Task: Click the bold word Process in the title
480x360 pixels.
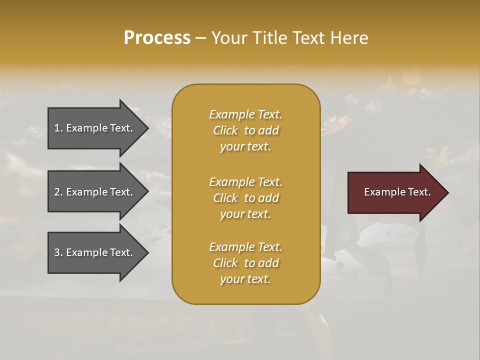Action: pyautogui.click(x=157, y=38)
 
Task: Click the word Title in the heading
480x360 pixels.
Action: pyautogui.click(x=268, y=38)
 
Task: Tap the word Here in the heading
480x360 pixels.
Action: pyautogui.click(x=349, y=38)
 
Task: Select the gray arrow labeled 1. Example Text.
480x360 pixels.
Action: pyautogui.click(x=95, y=128)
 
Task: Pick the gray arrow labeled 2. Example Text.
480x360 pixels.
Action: pyautogui.click(x=95, y=192)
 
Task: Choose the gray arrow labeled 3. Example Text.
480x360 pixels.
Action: pyautogui.click(x=95, y=252)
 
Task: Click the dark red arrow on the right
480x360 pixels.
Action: pyautogui.click(x=395, y=192)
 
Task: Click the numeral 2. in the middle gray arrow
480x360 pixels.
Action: pyautogui.click(x=58, y=192)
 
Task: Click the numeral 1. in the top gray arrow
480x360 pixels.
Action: pyautogui.click(x=58, y=128)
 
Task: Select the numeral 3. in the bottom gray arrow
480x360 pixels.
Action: pyautogui.click(x=58, y=252)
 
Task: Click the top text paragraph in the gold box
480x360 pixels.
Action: pyautogui.click(x=245, y=130)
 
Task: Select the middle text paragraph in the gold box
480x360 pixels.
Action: pyautogui.click(x=245, y=197)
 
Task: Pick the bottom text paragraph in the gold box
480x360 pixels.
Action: pyautogui.click(x=245, y=263)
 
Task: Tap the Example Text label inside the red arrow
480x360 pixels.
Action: pyautogui.click(x=397, y=192)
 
